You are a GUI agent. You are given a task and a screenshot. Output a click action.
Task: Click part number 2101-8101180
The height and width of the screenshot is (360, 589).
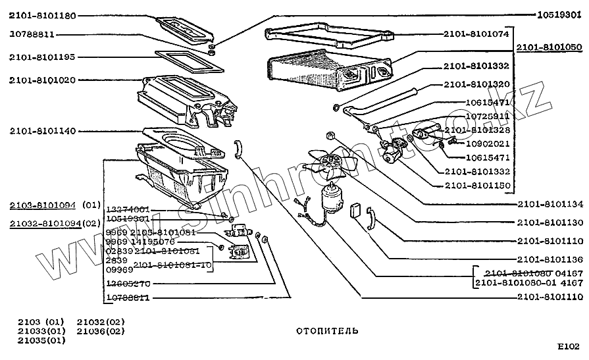(42, 15)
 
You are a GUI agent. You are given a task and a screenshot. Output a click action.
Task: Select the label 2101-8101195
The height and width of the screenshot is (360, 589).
(42, 57)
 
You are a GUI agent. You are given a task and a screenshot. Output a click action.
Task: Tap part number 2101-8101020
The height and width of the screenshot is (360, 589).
(42, 80)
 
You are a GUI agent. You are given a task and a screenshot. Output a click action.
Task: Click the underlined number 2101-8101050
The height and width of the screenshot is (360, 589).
(549, 48)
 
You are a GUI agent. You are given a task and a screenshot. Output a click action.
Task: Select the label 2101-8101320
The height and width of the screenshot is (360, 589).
(476, 84)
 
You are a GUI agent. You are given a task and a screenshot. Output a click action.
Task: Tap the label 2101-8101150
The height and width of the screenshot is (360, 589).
(476, 186)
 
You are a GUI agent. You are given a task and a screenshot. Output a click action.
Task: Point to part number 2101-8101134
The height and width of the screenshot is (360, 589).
(550, 203)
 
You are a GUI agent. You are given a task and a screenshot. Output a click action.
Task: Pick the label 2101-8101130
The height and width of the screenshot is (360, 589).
(550, 222)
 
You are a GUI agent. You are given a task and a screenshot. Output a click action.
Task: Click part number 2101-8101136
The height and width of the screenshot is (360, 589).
(550, 259)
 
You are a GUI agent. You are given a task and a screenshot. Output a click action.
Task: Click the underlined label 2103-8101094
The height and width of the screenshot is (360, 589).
(42, 204)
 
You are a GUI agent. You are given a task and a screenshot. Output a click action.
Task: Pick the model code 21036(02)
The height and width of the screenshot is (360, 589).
(101, 330)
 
